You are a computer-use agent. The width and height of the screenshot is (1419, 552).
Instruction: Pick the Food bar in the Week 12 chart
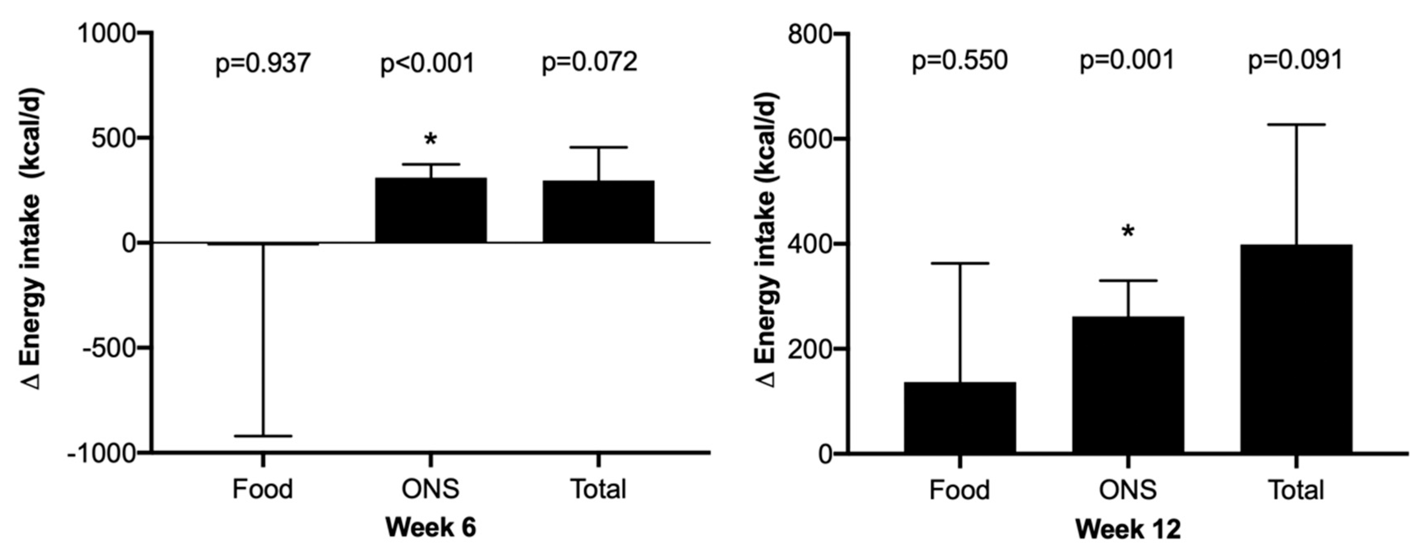click(960, 417)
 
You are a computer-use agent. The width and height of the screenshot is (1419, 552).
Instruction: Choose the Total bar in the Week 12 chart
click(1296, 349)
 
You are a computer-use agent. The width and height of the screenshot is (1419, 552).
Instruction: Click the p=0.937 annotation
click(263, 64)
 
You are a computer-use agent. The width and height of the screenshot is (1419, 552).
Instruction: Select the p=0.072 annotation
click(589, 62)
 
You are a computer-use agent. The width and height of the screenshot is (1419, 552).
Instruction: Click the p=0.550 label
click(960, 61)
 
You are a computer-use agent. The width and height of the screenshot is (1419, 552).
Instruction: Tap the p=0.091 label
click(1295, 61)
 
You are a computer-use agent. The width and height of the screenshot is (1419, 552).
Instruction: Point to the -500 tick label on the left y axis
click(109, 348)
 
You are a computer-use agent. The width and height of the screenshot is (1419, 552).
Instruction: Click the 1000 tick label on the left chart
click(106, 34)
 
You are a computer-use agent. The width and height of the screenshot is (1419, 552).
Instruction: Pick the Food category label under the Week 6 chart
click(262, 489)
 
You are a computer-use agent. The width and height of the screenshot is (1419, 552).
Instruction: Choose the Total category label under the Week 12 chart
click(1296, 490)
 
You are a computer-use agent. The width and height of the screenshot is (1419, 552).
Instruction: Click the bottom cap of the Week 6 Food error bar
click(263, 436)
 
